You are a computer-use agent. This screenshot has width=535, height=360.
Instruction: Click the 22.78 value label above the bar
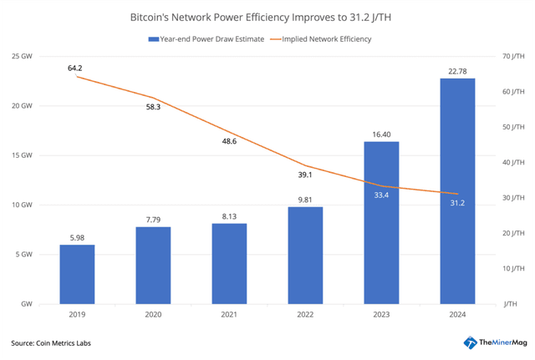(457, 70)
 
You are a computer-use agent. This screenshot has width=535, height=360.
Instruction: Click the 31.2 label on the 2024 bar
(457, 202)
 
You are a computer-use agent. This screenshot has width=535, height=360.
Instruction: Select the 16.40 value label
(381, 134)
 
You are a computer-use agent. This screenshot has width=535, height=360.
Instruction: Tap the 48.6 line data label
(228, 141)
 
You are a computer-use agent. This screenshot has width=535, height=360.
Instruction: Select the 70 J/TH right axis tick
(512, 56)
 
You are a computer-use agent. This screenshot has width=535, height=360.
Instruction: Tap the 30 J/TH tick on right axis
(512, 198)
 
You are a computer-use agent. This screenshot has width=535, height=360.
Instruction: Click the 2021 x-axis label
(229, 316)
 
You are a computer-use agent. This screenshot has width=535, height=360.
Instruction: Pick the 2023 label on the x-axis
(381, 316)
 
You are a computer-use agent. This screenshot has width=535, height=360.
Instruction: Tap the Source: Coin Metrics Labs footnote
(53, 343)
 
